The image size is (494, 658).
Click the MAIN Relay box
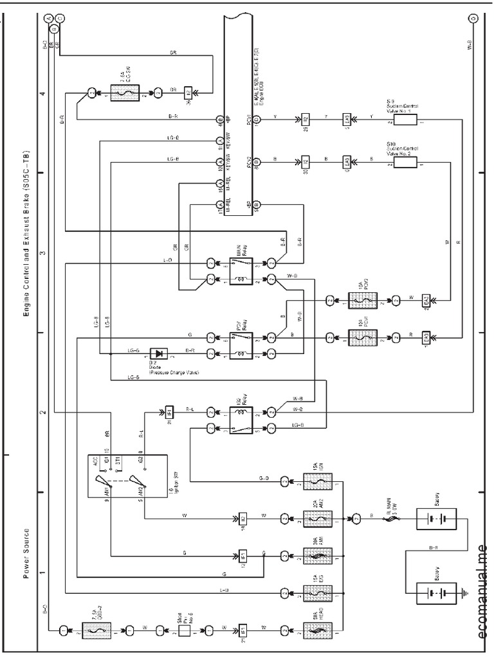point(241,271)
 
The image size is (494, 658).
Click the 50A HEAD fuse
point(318,630)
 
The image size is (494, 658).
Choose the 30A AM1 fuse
point(318,554)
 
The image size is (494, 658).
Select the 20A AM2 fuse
point(318,517)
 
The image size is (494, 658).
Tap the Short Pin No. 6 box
point(185,630)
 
